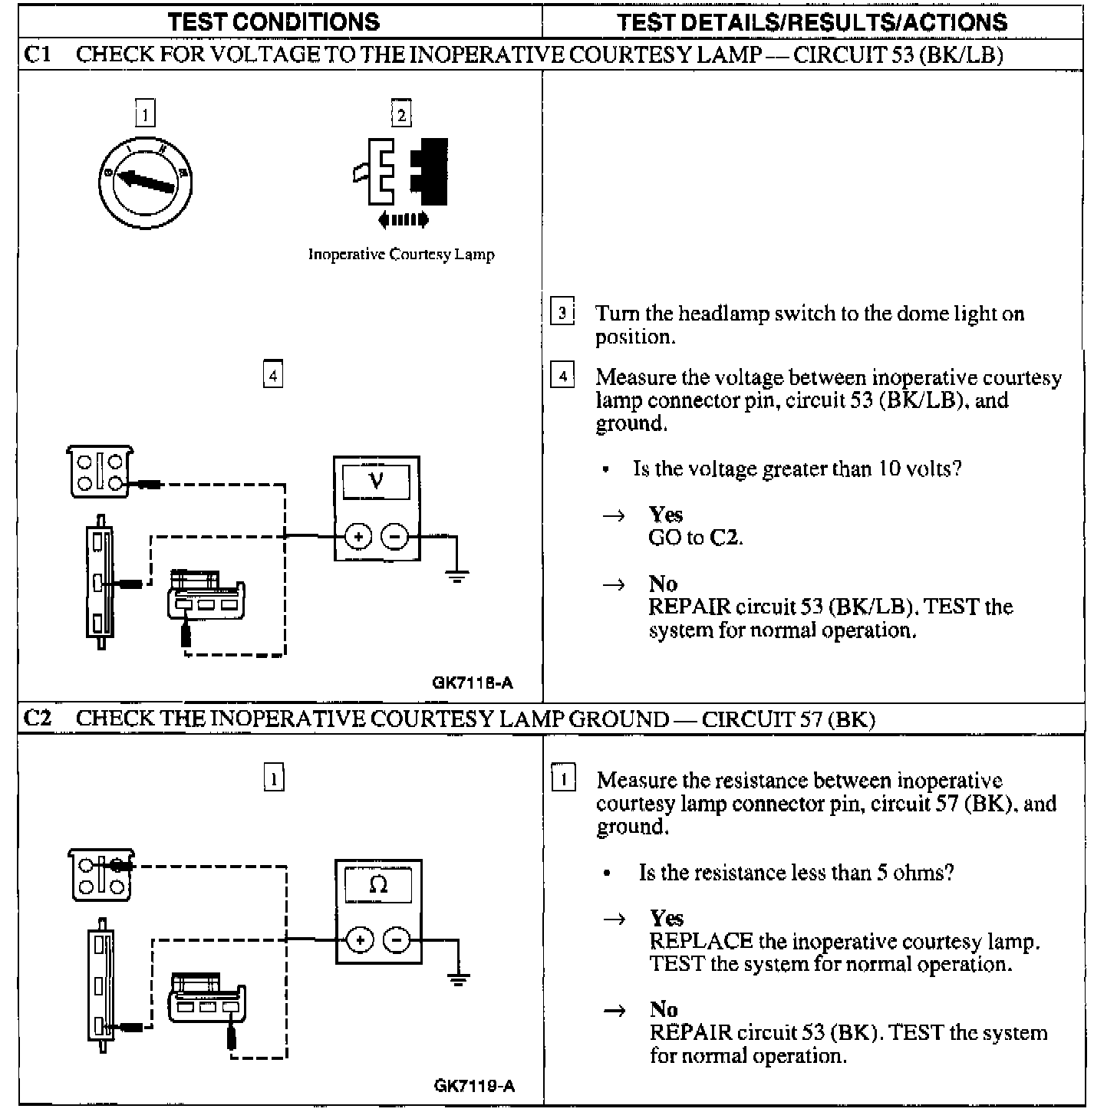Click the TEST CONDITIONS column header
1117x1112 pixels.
click(274, 21)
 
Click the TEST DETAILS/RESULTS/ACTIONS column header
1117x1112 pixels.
click(812, 21)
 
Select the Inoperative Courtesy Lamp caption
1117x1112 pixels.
click(401, 255)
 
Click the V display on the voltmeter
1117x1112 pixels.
click(376, 482)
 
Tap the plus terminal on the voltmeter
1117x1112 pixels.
click(358, 536)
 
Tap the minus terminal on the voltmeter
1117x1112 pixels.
click(395, 536)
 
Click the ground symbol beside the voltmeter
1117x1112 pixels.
click(457, 575)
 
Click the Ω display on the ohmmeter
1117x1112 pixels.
click(378, 885)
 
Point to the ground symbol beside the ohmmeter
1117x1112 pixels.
click(458, 979)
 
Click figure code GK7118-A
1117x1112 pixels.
click(473, 683)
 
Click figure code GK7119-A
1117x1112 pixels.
click(474, 1086)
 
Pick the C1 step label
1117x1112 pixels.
click(38, 54)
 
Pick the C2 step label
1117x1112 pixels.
click(38, 719)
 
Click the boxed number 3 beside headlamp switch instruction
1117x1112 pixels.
click(562, 313)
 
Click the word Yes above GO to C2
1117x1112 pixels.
click(665, 515)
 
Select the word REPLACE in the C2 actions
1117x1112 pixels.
click(701, 941)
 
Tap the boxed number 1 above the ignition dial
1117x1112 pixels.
click(145, 114)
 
